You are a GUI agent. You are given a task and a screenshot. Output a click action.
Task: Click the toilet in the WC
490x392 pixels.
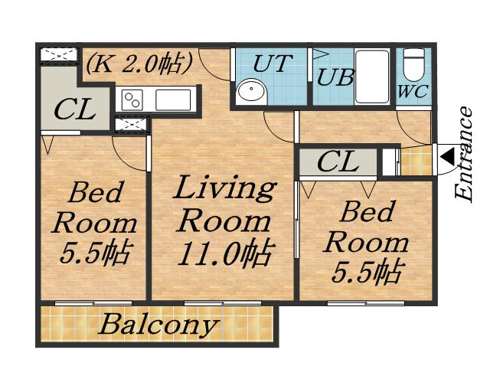coord(413,65)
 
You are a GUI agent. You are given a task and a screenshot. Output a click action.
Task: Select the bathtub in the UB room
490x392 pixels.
coord(372,77)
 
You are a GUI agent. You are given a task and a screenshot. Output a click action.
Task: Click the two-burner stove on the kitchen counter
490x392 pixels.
coord(132,100)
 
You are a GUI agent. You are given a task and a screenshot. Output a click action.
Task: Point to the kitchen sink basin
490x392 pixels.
coord(173,100)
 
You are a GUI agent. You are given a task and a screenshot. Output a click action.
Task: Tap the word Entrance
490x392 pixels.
coord(464,153)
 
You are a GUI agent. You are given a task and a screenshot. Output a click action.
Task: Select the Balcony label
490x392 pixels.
coord(158,325)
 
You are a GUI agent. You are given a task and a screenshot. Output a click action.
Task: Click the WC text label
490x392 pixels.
coord(413,92)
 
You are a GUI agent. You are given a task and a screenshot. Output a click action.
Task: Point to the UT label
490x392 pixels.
coord(273,64)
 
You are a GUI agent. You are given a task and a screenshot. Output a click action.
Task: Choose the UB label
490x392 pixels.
coord(335,77)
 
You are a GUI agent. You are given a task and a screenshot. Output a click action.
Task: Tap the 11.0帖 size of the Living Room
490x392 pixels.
coord(227,253)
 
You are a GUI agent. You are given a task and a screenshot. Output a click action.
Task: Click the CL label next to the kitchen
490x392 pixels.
coord(74,109)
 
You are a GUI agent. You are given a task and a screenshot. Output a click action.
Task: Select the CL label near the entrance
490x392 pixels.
coord(338,162)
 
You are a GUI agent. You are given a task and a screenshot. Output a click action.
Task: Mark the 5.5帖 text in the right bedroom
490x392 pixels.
coord(367,272)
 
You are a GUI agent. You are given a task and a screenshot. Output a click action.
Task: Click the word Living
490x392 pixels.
coord(224,188)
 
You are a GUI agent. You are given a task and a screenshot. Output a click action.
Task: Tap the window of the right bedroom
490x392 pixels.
coord(366,303)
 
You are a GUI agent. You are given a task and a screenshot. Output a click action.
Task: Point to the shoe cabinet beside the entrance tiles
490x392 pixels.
coord(390,162)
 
